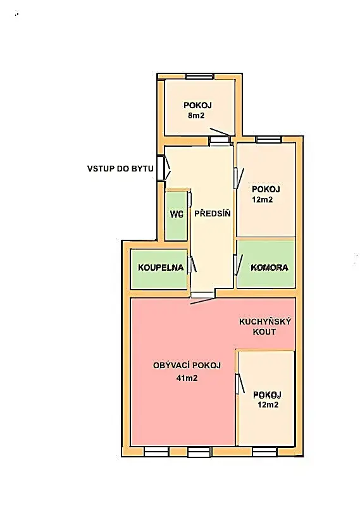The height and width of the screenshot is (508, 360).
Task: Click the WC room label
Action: tap(177, 214)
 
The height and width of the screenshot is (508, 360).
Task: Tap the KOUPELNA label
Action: tap(161, 268)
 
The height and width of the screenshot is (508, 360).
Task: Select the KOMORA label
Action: tap(270, 268)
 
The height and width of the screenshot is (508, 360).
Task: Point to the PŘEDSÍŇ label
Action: tap(212, 213)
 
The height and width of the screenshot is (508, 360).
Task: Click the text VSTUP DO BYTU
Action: tap(120, 169)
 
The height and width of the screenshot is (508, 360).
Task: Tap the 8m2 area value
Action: tap(196, 116)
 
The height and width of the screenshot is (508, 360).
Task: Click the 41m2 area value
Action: tap(187, 378)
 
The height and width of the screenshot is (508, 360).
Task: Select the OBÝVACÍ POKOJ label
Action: tap(187, 366)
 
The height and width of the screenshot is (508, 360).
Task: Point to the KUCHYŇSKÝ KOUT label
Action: tap(264, 326)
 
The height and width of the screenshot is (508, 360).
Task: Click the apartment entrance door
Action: tap(163, 168)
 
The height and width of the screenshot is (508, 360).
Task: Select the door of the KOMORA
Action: tap(238, 264)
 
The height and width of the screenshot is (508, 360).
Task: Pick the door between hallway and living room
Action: tap(202, 297)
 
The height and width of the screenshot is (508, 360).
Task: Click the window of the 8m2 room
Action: tap(199, 77)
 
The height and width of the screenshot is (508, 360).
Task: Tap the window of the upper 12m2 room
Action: tap(269, 140)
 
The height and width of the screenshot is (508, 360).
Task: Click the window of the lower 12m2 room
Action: tap(264, 451)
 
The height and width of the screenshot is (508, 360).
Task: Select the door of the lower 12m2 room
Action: tap(239, 384)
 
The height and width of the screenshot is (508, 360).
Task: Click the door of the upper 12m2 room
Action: tap(238, 178)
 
